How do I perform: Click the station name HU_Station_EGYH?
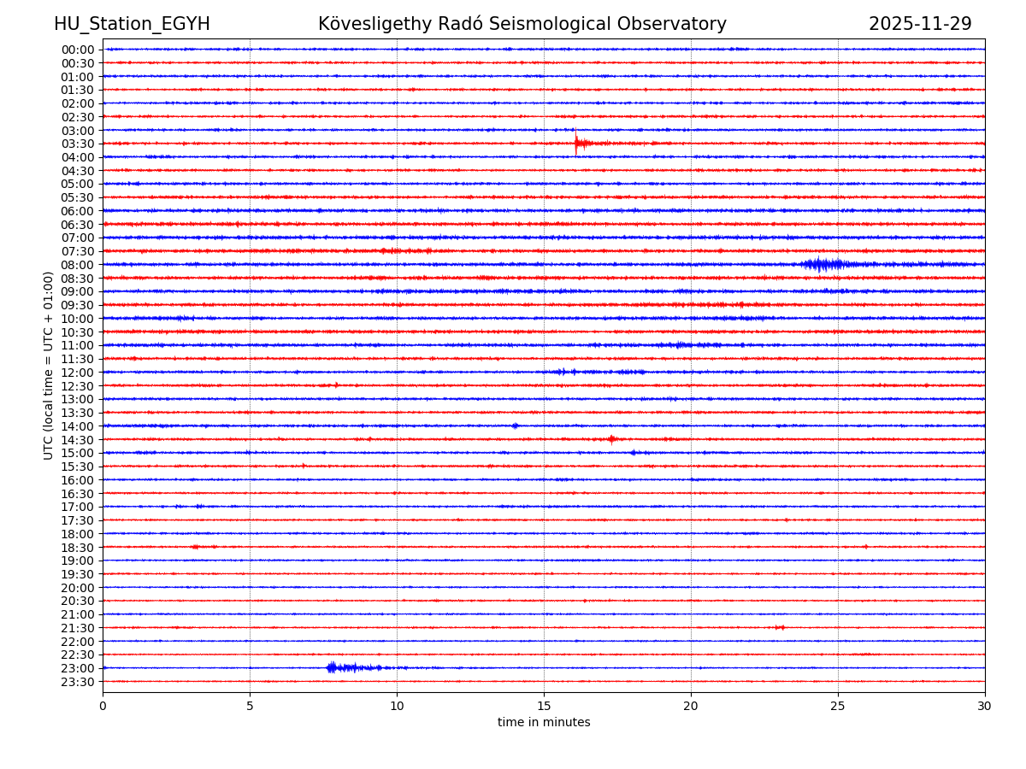click(132, 25)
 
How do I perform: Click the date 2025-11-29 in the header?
click(920, 25)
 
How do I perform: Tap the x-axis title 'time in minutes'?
click(544, 723)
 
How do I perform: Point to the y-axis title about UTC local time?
click(49, 365)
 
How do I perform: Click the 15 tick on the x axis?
click(544, 706)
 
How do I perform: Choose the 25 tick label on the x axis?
click(838, 706)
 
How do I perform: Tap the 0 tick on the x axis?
click(103, 706)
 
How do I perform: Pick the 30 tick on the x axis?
click(985, 706)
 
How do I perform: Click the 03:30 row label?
click(78, 144)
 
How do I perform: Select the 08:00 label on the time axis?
click(78, 265)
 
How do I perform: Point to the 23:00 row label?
click(78, 668)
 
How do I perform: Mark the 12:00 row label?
click(78, 373)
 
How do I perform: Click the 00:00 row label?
click(78, 50)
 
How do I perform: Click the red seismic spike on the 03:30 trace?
click(577, 144)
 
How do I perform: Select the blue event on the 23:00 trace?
click(333, 667)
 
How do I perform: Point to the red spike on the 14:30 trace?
click(612, 439)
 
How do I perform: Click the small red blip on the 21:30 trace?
click(780, 627)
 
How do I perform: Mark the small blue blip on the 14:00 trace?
click(515, 426)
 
